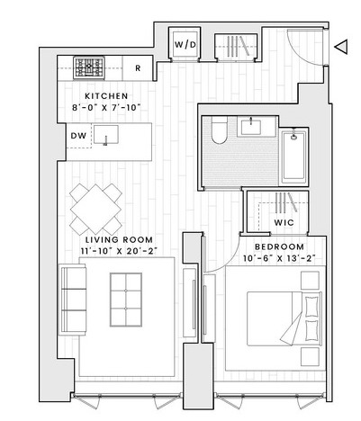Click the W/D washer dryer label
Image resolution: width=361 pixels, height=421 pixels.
(x=185, y=45)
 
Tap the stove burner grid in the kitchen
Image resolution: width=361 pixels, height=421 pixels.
(x=89, y=67)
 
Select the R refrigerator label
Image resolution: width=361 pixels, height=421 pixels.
(x=138, y=68)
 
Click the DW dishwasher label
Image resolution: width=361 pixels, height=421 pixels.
(x=78, y=136)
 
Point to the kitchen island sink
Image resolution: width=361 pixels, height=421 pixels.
(x=106, y=135)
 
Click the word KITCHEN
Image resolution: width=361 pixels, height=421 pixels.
(x=106, y=96)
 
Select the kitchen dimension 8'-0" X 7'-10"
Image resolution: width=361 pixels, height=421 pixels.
(x=106, y=108)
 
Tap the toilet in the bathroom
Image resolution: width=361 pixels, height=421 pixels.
(x=220, y=130)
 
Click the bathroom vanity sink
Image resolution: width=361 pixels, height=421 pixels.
(x=250, y=126)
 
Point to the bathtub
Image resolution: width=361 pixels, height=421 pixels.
(x=293, y=156)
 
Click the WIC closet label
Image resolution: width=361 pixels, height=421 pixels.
(x=284, y=223)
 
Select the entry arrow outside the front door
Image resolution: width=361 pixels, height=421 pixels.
(x=341, y=47)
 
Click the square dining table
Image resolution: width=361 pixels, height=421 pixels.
(x=95, y=210)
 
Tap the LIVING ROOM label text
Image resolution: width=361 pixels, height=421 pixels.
(x=119, y=240)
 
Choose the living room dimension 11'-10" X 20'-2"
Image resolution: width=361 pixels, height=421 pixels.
(x=119, y=251)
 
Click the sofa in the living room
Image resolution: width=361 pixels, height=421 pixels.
(x=72, y=300)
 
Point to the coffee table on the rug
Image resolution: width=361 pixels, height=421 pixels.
(x=126, y=300)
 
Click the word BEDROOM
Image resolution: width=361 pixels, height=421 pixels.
(x=279, y=247)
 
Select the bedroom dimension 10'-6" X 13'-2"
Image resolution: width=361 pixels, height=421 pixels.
(x=279, y=258)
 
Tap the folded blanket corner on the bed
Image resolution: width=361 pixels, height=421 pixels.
(x=291, y=328)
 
